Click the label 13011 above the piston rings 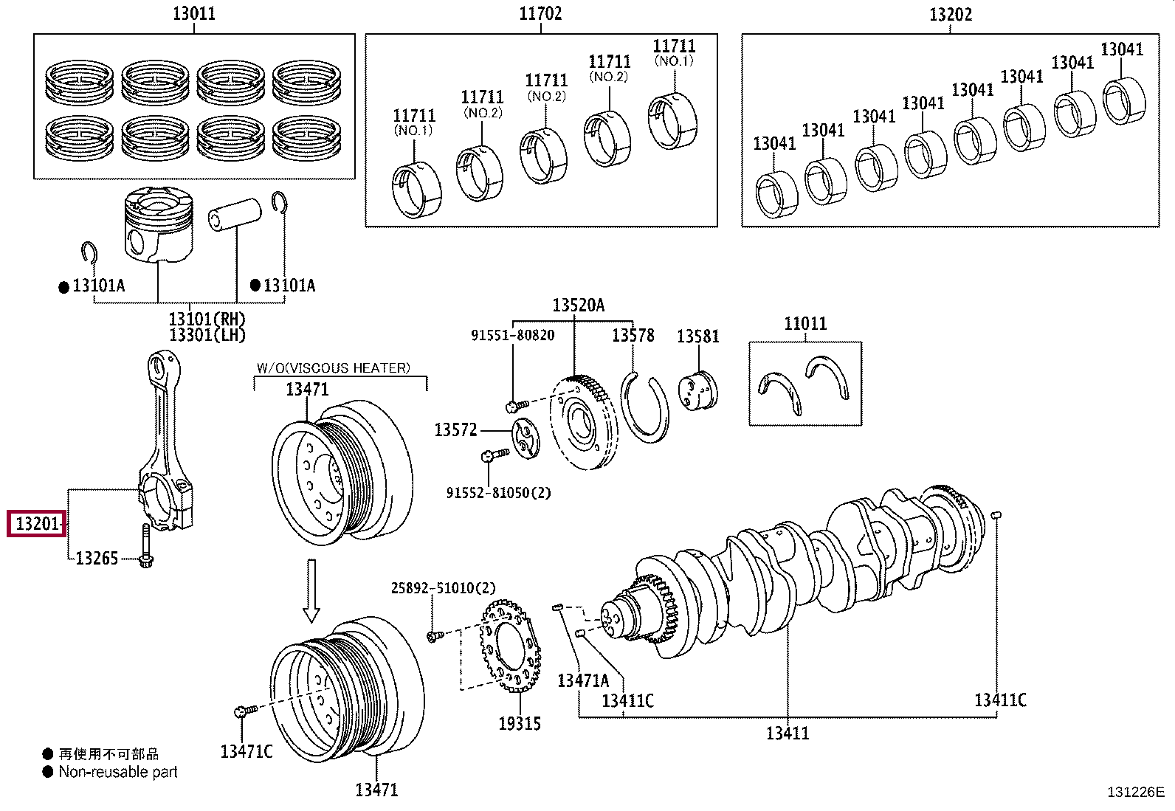194,13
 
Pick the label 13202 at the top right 950,14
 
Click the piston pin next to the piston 235,214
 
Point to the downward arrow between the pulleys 311,590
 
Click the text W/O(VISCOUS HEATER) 333,367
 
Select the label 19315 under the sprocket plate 519,724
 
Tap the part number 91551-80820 512,335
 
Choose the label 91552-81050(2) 498,492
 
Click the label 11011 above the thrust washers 805,323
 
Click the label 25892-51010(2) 443,587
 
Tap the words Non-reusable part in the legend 118,772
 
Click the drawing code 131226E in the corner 1135,792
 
